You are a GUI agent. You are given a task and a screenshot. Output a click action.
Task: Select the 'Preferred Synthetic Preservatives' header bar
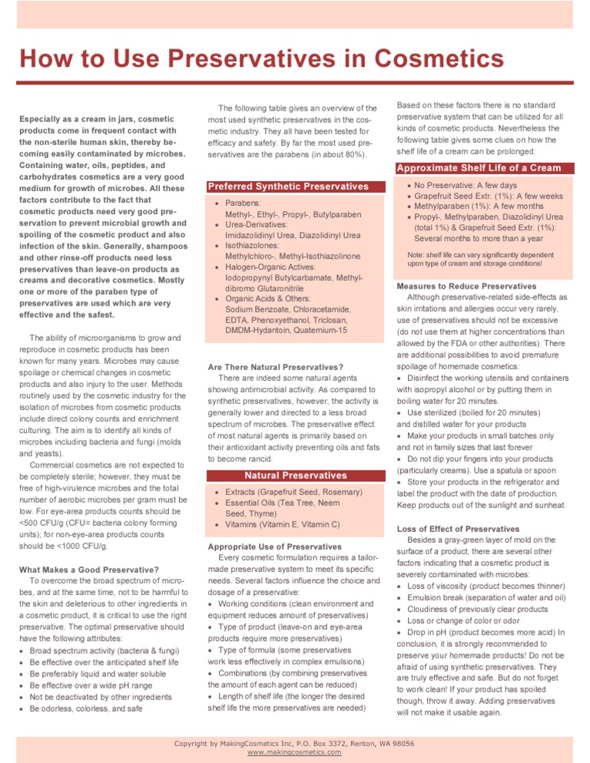(x=288, y=187)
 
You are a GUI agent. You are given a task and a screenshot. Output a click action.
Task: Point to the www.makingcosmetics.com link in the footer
(x=294, y=752)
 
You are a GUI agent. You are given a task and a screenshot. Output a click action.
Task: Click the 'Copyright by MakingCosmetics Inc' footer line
(x=294, y=743)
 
